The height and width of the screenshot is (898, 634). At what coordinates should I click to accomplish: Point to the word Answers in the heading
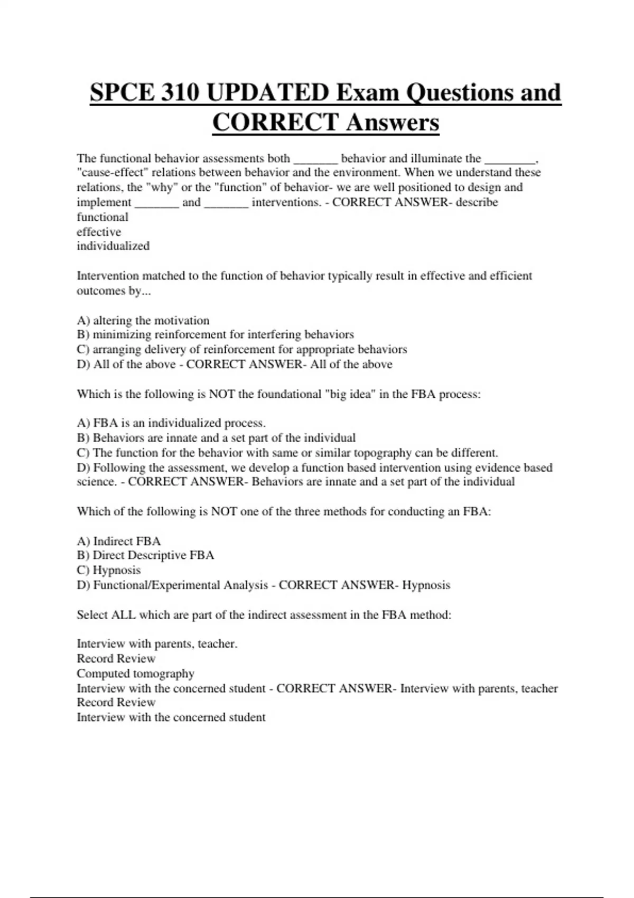pos(393,123)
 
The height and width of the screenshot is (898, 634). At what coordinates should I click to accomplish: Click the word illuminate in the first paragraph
pos(436,158)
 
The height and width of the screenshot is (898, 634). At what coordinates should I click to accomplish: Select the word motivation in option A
pos(182,320)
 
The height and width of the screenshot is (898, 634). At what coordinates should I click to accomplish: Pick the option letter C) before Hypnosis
pos(83,570)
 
